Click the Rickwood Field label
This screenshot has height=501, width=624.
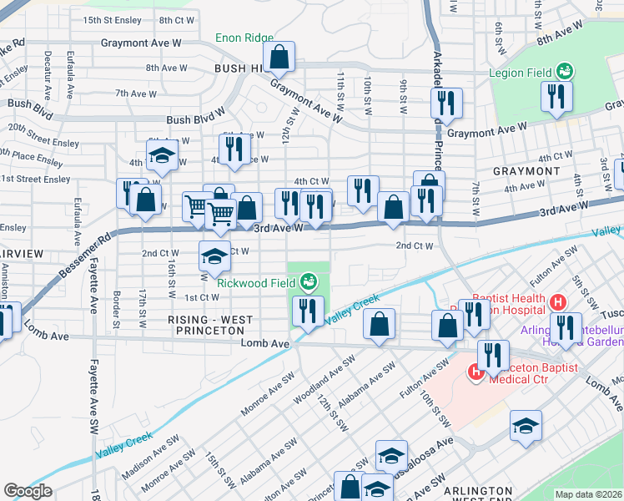(x=257, y=282)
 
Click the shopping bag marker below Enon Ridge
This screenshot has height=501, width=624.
(x=280, y=57)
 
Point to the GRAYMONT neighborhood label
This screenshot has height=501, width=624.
(x=526, y=171)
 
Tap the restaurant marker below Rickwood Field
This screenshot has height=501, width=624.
(x=309, y=311)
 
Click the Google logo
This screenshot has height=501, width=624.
(x=28, y=491)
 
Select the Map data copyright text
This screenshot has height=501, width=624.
(x=588, y=494)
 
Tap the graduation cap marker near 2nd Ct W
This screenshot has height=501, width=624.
(x=214, y=256)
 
